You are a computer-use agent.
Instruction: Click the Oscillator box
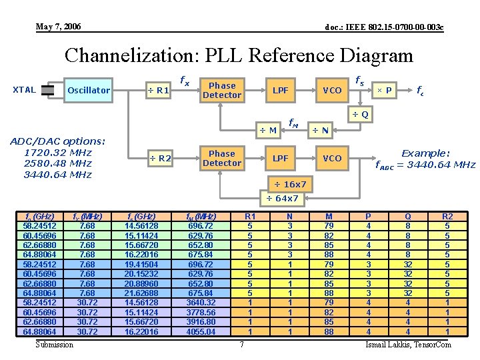(89, 90)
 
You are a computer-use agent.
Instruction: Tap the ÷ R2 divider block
(159, 158)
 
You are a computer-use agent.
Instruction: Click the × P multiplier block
(384, 90)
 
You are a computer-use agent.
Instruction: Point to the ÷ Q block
(360, 115)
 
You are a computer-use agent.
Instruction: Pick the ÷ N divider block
(321, 129)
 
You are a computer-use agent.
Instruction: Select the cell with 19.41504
(142, 263)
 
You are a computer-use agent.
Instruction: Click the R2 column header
(447, 216)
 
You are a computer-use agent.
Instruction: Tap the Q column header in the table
(408, 216)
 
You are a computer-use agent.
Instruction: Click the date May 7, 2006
(59, 27)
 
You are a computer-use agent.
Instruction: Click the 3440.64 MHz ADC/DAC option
(57, 175)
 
